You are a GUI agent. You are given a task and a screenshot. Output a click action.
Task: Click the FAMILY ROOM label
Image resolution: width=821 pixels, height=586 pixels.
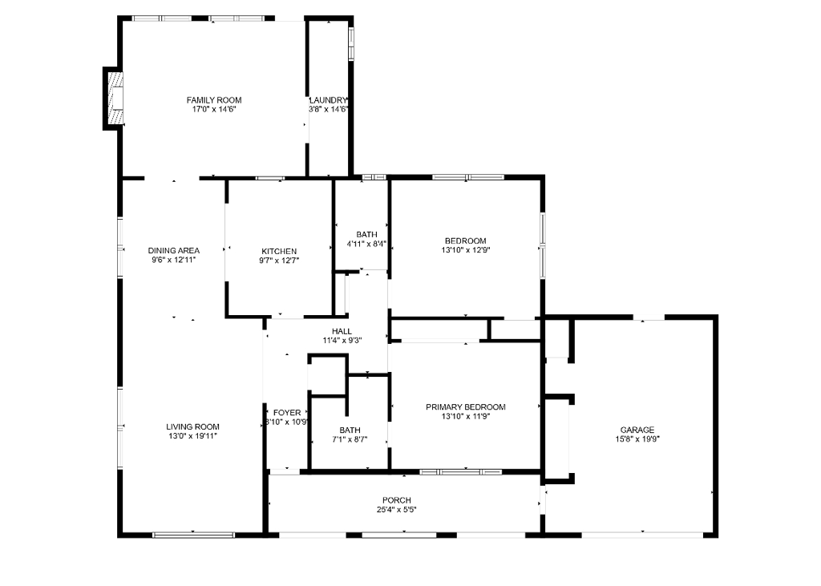tap(214, 100)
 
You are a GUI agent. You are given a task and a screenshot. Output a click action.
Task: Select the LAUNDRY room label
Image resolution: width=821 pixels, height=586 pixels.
tap(329, 100)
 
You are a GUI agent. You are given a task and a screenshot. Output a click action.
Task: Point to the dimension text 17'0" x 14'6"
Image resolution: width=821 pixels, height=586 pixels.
tap(214, 110)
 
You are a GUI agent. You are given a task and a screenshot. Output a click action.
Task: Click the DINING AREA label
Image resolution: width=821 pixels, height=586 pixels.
tap(173, 251)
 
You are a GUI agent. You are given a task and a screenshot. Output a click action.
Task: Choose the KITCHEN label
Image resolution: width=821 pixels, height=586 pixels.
tap(279, 251)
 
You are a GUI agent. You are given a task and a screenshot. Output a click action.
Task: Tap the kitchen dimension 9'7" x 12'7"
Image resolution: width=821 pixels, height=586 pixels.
tap(279, 261)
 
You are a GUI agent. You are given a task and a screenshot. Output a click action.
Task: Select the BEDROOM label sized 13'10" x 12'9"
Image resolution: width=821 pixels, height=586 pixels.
tap(466, 240)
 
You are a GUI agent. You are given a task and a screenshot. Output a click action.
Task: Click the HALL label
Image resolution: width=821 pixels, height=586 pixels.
tap(342, 331)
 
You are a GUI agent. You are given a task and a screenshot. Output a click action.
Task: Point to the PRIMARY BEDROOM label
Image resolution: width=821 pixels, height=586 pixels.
tap(466, 407)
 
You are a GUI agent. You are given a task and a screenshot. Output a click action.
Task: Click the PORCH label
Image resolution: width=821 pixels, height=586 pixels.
tap(397, 500)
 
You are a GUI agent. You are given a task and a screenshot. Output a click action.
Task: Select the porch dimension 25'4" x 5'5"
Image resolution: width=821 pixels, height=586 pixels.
tap(397, 510)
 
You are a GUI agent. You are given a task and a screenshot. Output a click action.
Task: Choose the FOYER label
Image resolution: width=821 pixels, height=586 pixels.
tap(287, 413)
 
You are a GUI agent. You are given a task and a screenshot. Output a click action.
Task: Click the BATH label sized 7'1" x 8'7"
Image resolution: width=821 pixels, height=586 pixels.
tap(350, 430)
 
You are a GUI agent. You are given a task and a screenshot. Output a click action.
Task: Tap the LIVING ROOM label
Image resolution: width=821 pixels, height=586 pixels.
tap(193, 426)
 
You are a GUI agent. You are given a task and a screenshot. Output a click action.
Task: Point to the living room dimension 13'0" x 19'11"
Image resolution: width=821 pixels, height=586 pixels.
tap(193, 436)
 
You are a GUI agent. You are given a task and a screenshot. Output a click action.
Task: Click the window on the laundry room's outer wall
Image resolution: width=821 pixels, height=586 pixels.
tap(350, 44)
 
